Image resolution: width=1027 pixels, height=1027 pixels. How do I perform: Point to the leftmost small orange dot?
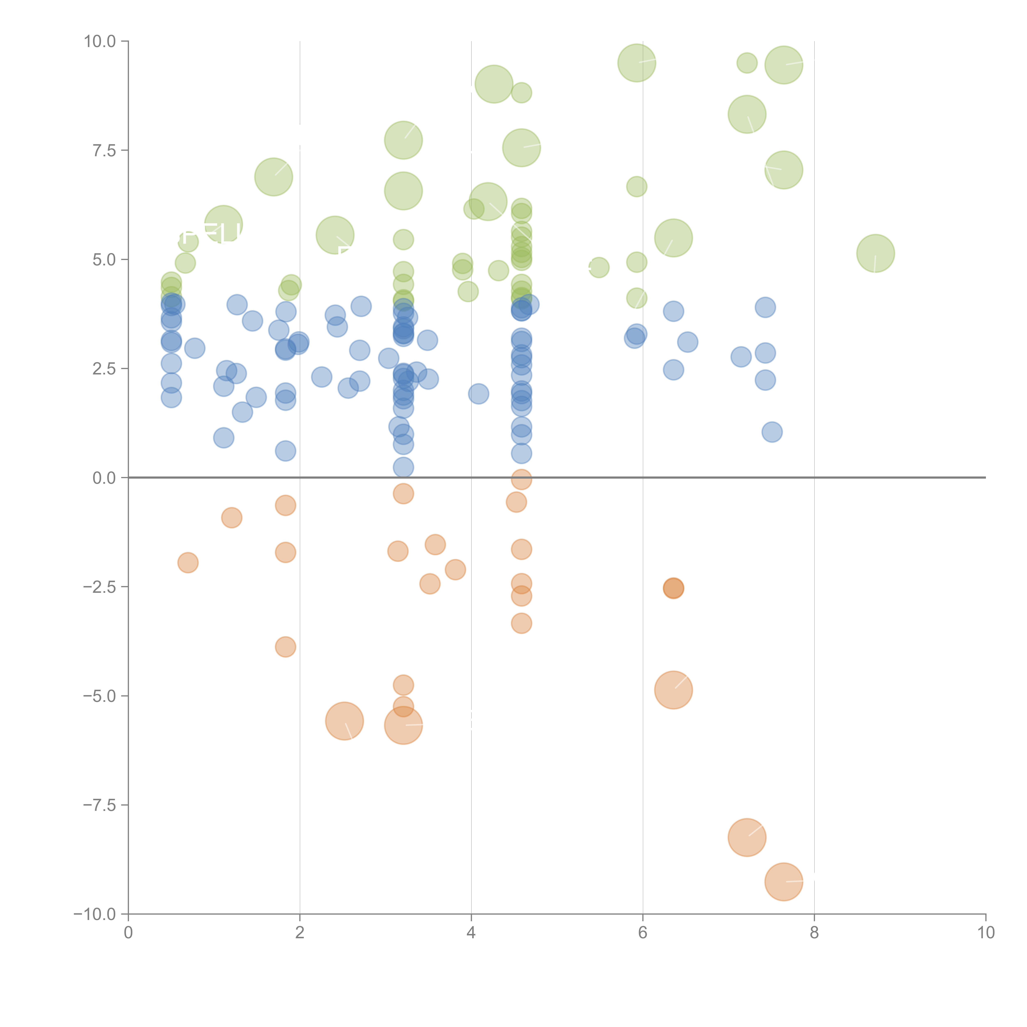pyautogui.click(x=188, y=562)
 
